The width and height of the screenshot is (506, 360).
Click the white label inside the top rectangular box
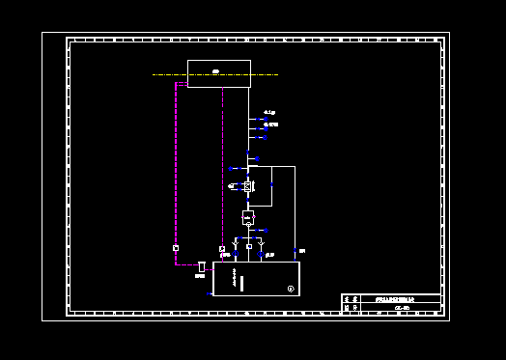coord(215,70)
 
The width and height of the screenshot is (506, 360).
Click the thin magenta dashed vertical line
coord(223,164)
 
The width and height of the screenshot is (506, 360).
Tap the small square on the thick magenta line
coord(176,248)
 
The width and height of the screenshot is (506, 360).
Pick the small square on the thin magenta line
coord(222,249)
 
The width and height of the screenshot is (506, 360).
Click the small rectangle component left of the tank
coord(201,265)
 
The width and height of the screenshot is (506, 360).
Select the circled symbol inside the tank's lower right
coord(291,289)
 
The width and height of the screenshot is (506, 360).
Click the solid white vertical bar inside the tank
coord(241,284)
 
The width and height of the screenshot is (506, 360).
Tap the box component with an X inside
coord(248,185)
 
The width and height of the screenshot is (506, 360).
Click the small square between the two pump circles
coord(249,246)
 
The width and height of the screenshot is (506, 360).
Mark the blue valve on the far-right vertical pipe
coord(295,252)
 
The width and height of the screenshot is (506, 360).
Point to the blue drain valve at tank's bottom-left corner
coord(210,294)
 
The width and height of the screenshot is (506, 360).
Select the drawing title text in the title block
coord(394,300)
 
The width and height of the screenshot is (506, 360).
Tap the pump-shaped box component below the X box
coord(248,217)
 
